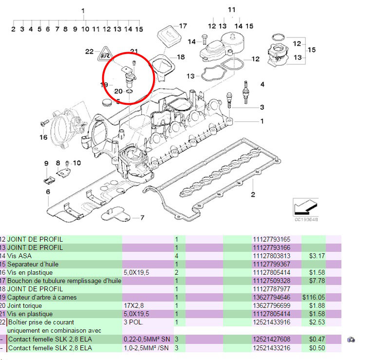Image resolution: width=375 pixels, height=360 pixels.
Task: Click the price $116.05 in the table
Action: coord(314,297)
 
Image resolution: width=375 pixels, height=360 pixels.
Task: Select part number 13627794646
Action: coord(271,297)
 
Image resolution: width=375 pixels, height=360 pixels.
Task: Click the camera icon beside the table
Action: coord(351,339)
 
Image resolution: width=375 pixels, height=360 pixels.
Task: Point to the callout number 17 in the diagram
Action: coord(183,26)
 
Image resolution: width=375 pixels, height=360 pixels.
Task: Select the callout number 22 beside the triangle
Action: coord(89,51)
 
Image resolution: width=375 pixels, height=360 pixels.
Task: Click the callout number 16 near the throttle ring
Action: coord(44,137)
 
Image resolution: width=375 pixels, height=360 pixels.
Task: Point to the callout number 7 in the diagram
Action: coord(142,218)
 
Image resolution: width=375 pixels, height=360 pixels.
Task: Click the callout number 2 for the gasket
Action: coord(253,195)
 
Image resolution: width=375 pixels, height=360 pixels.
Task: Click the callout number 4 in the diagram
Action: coord(262,85)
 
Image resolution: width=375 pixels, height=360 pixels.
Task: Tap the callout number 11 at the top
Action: coord(231,10)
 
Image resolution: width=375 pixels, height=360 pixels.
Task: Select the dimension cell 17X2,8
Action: coord(135,305)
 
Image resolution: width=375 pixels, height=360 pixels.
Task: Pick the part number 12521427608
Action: coord(271,339)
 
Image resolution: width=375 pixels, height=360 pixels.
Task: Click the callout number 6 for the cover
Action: coord(48,192)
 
